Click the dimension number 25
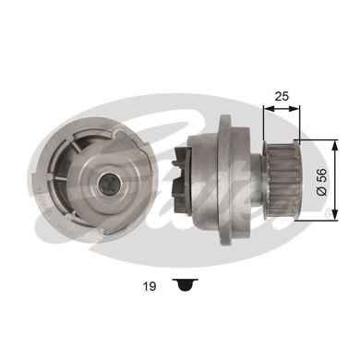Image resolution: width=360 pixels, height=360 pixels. (282, 96)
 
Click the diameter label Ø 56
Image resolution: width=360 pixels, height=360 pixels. (322, 182)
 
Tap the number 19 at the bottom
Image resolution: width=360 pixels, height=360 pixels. (150, 287)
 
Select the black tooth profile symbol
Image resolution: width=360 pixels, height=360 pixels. (186, 285)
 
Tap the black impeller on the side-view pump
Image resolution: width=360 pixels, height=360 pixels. (182, 181)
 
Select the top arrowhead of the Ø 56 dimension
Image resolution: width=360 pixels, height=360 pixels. (335, 145)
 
